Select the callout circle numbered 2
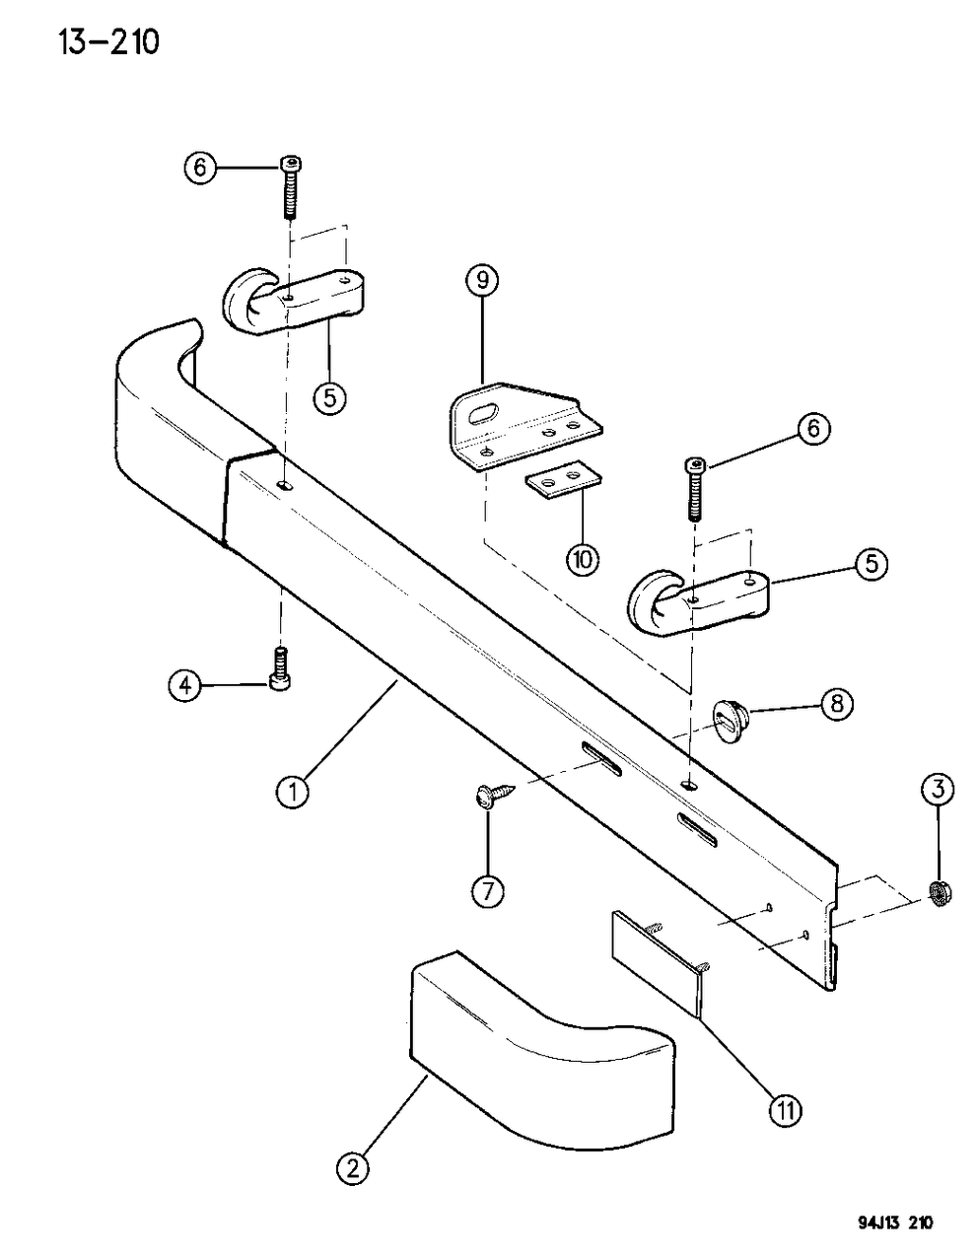coord(353,1169)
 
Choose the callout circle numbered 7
coord(487,890)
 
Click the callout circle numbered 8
coord(835,704)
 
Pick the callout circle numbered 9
coord(482,282)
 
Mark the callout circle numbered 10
coord(582,559)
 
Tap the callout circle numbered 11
coord(787,1111)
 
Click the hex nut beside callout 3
coord(940,893)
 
